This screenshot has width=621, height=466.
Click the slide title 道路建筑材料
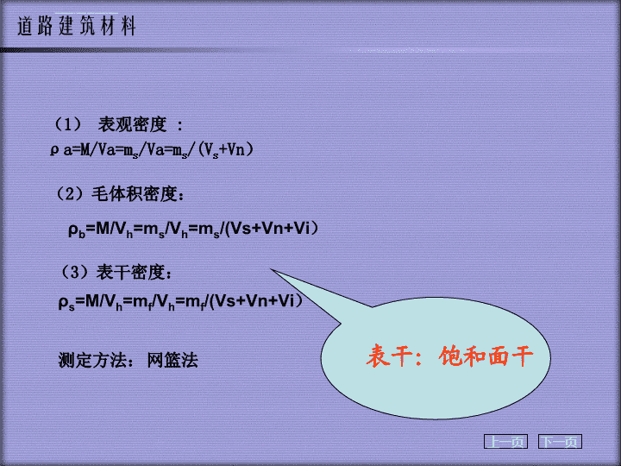[77, 26]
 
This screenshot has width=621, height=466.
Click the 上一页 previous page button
[505, 442]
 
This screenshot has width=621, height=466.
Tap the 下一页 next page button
[560, 442]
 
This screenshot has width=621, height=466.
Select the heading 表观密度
[132, 124]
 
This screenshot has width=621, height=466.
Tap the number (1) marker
[68, 124]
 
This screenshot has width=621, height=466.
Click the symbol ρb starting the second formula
[77, 230]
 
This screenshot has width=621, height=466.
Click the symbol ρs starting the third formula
[66, 303]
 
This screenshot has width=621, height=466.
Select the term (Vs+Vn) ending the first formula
[225, 150]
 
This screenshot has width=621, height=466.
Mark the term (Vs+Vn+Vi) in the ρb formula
[272, 229]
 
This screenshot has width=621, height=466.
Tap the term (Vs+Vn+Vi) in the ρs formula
[256, 302]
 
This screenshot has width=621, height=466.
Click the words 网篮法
[172, 360]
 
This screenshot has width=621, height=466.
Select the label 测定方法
[93, 360]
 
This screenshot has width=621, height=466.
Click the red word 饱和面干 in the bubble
[486, 356]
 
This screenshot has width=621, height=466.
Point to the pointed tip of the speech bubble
[272, 269]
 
